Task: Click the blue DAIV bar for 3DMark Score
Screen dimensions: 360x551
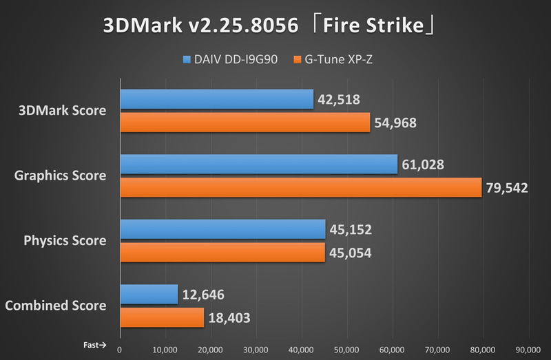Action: (x=216, y=99)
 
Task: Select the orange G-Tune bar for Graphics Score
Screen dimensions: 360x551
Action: (x=301, y=187)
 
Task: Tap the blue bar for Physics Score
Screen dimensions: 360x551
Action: (x=222, y=229)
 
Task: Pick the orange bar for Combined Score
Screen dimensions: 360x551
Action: (x=162, y=317)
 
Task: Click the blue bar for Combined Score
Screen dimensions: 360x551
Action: (x=149, y=294)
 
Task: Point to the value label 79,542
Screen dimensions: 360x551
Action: (x=507, y=187)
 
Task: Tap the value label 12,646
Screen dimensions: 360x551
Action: (x=203, y=295)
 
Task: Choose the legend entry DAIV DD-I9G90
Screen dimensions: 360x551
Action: (x=231, y=59)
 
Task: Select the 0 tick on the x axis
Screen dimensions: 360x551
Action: (x=121, y=348)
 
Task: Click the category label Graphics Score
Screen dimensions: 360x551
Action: (x=61, y=175)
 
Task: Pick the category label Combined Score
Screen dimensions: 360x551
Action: (x=56, y=305)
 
